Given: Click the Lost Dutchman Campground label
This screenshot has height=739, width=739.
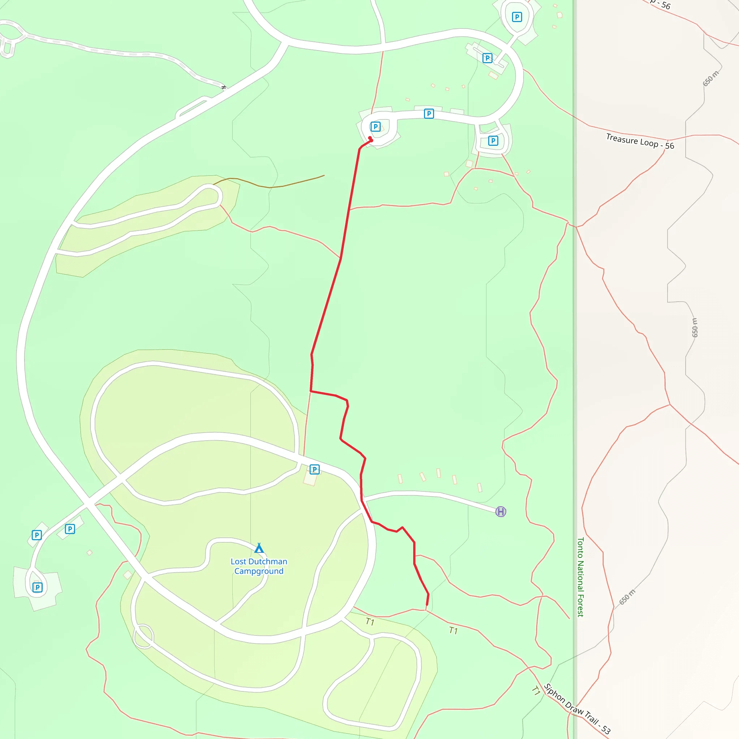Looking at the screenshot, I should [259, 566].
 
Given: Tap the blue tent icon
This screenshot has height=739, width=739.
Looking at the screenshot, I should [259, 548].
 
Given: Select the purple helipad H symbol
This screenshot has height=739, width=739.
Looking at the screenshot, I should [501, 511].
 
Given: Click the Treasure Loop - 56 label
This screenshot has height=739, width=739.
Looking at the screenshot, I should [640, 141].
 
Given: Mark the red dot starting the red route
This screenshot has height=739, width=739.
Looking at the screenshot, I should [370, 139].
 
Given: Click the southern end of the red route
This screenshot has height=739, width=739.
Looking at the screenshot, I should [427, 605].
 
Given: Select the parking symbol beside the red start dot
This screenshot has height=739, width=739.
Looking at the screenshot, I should [376, 127].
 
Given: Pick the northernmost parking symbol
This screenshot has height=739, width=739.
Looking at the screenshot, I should [517, 17].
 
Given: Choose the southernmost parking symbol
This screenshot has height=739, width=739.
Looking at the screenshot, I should [38, 587].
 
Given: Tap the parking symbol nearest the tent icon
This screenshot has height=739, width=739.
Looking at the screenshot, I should [314, 469].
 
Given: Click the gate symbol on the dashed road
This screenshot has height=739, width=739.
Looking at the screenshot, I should [224, 87].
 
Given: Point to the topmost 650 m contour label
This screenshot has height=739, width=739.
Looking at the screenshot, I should [710, 78].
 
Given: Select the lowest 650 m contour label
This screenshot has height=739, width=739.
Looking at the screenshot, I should [627, 597].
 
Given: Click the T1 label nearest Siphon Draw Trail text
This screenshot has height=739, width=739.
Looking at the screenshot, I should [536, 691].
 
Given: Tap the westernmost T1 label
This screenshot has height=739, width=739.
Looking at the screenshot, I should [370, 622].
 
